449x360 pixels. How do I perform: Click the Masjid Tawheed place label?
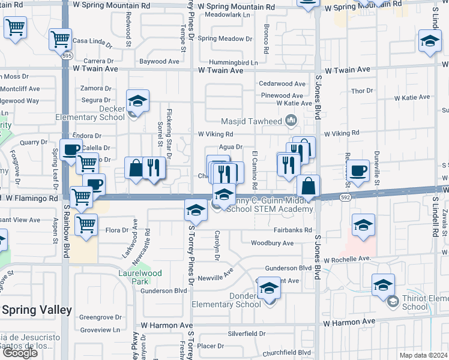tap(251, 121)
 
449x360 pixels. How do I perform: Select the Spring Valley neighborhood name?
tap(37, 310)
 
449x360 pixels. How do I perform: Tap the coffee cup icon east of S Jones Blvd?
tap(358, 170)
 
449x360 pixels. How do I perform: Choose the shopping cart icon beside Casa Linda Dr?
tap(60, 40)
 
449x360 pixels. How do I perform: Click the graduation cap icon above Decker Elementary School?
tap(137, 101)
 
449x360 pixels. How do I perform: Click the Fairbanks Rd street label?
tap(292, 230)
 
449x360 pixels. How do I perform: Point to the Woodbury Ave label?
tap(272, 243)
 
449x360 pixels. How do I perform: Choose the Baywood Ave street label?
tap(159, 61)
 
